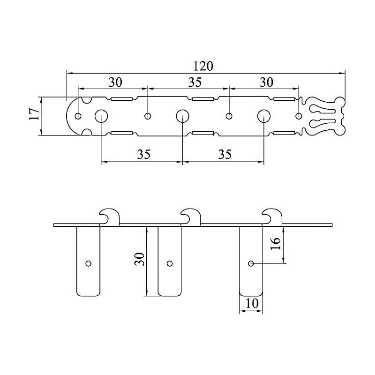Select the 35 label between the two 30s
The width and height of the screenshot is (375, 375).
(x=195, y=82)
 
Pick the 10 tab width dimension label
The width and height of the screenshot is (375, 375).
(x=252, y=303)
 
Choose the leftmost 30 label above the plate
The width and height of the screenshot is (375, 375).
(x=115, y=82)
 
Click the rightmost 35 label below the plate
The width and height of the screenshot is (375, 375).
(x=225, y=155)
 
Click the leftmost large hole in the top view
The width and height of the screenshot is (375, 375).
(x=101, y=116)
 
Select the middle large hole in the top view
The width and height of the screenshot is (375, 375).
(x=182, y=116)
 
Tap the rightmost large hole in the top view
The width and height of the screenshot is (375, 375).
(x=263, y=116)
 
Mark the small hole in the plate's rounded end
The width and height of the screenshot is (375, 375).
(x=78, y=116)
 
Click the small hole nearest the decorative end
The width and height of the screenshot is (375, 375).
(x=299, y=116)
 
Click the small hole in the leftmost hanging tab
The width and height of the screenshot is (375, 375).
(x=88, y=263)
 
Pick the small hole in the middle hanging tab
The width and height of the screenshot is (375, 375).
(x=170, y=263)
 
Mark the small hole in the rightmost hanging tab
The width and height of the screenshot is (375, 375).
(x=251, y=263)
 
